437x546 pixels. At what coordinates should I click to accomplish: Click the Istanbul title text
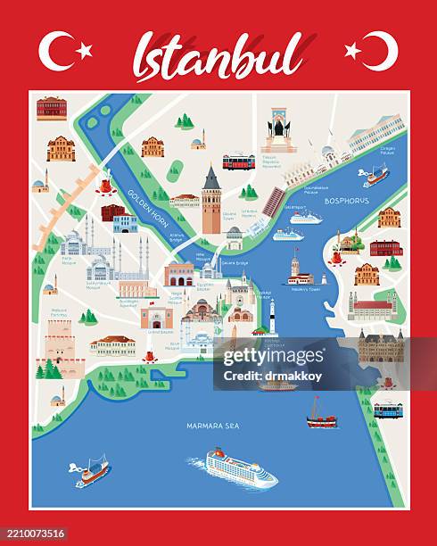pos(219,55)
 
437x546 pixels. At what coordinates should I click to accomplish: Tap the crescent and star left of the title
pos(64,51)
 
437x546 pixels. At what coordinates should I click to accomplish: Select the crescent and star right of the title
pos(373,51)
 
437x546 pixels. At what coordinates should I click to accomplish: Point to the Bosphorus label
pos(346,201)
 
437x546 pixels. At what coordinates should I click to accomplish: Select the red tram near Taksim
pos(238,161)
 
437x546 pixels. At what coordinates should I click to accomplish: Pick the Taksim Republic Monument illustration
pos(278,130)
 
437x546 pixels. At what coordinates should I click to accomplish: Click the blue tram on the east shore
pos(388,410)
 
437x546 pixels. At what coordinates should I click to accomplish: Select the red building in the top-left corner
pos(52,109)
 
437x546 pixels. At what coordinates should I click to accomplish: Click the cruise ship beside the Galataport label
pos(305,218)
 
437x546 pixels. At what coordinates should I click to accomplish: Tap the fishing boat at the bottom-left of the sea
pos(92,470)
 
